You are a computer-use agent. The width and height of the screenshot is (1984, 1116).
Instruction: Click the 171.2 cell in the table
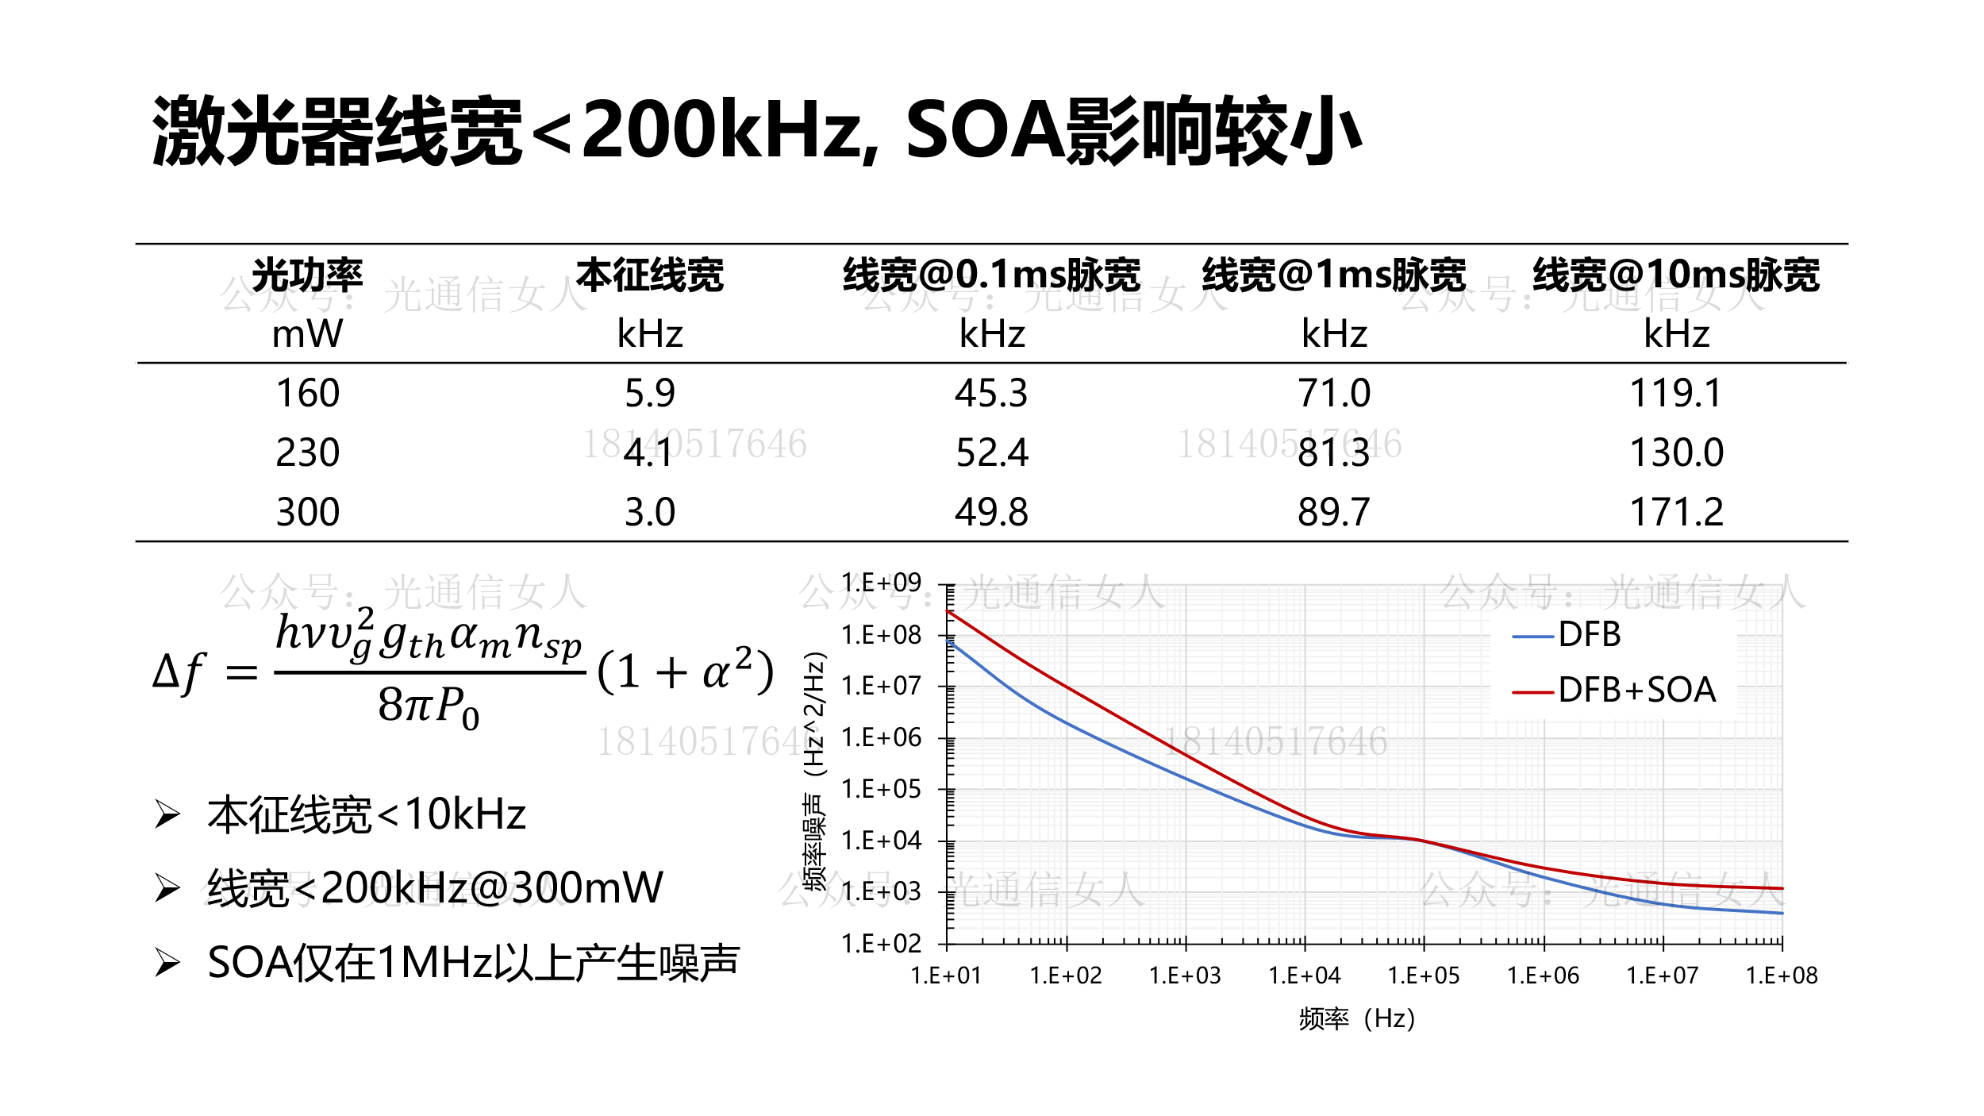1675,512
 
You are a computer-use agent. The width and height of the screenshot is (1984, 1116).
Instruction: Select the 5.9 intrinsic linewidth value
649,393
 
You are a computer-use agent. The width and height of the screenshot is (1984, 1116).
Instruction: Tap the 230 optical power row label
307,452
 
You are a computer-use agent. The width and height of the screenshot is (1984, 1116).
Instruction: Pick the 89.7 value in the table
1333,512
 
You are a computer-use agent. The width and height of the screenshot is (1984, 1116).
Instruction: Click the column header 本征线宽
649,275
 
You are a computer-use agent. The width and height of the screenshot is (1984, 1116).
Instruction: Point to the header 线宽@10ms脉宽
1675,275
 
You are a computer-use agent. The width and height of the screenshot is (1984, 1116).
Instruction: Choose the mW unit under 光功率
307,333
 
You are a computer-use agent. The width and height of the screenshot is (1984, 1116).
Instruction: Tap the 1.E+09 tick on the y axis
881,583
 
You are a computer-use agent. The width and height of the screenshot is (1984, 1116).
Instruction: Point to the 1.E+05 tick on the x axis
1423,976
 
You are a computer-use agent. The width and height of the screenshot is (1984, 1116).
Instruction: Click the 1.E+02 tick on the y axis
881,944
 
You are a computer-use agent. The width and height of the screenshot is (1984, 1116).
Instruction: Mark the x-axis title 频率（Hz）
1356,1018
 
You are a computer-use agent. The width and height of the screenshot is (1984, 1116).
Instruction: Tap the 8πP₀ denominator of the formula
429,706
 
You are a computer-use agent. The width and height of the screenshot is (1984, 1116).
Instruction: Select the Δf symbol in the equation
179,672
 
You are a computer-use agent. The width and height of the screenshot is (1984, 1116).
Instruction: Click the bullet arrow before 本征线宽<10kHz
167,814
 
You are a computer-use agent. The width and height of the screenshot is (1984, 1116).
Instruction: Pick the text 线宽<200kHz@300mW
435,887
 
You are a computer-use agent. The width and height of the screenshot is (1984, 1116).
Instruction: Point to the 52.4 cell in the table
991,452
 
